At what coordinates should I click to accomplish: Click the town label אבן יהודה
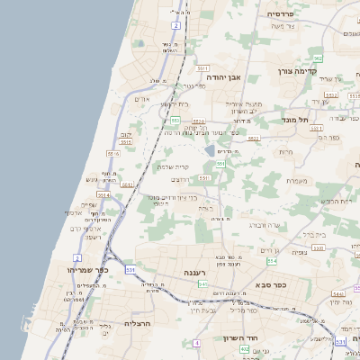tap(226, 77)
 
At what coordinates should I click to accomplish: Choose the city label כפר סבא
tap(269, 284)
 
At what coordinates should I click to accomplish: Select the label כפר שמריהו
tap(85, 268)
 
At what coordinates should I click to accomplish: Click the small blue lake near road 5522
tap(211, 150)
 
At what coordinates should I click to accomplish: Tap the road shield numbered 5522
tap(255, 139)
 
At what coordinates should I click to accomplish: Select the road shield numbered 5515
tap(126, 141)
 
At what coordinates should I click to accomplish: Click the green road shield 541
tap(202, 283)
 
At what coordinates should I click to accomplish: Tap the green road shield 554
tap(273, 261)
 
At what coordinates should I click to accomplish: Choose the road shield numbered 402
tap(245, 349)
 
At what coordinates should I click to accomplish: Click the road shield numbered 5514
tap(103, 193)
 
